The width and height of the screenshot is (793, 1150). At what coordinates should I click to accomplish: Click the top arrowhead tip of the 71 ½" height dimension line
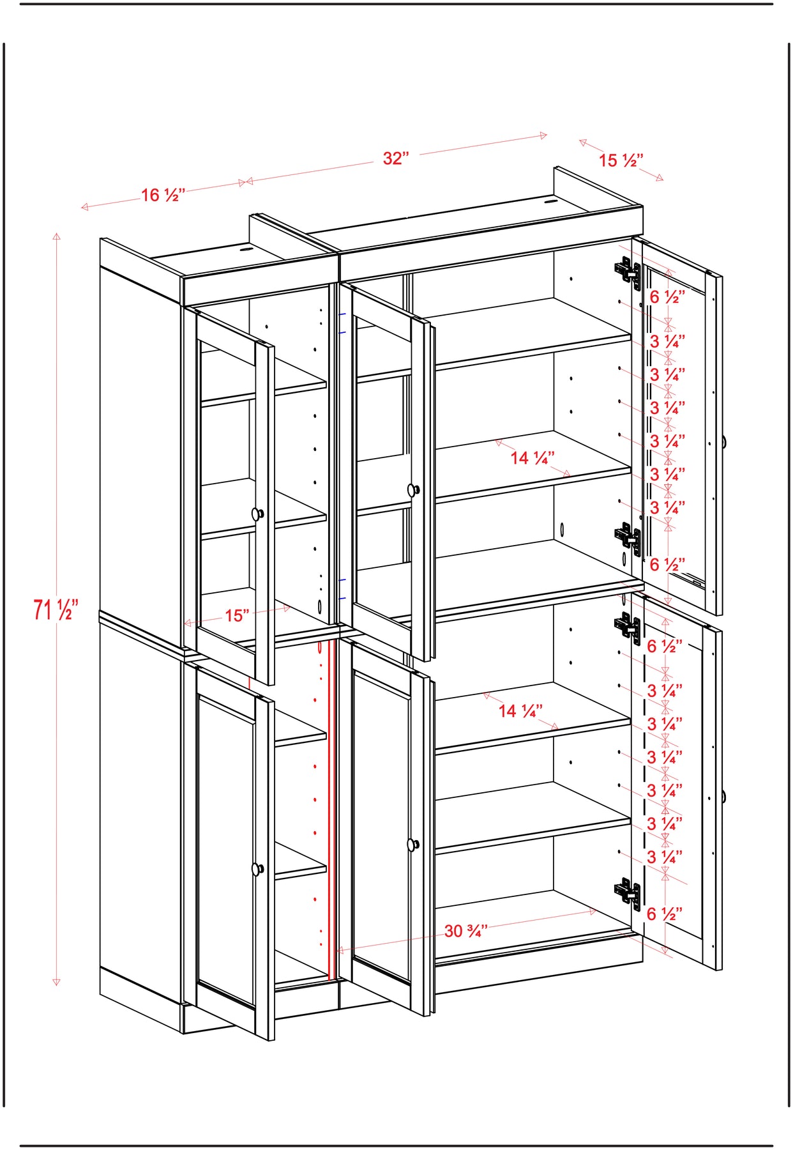(x=57, y=233)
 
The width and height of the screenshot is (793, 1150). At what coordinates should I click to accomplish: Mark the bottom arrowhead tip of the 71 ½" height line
(x=56, y=986)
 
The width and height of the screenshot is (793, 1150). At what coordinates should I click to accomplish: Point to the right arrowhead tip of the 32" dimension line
(x=547, y=135)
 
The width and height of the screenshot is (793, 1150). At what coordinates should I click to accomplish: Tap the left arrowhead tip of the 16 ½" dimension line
(x=81, y=207)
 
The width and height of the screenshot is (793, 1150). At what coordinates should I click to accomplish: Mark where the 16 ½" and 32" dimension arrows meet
(x=246, y=182)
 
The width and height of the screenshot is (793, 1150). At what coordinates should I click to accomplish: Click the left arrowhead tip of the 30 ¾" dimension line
(x=336, y=951)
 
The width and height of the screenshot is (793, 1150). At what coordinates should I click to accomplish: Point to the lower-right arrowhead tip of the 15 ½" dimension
(x=663, y=181)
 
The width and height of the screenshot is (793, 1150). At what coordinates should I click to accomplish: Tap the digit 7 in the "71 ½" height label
(x=39, y=609)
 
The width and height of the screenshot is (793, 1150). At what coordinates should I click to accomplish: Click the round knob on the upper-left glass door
(x=257, y=514)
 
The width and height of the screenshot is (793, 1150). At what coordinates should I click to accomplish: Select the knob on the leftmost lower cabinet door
(x=257, y=869)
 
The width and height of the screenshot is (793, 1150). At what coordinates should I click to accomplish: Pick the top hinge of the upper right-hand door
(x=628, y=272)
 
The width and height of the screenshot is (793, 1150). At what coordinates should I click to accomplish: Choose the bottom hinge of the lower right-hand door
(x=628, y=893)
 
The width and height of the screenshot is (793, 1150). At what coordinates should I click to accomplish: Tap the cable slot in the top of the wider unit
(x=550, y=203)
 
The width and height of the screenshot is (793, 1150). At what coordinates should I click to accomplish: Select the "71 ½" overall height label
(x=56, y=609)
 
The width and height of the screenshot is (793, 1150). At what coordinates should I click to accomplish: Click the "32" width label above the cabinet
(x=396, y=158)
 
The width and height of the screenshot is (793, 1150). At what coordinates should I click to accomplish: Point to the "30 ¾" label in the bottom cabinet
(x=465, y=931)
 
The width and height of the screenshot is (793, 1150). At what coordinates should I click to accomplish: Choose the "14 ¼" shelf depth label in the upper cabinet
(x=532, y=457)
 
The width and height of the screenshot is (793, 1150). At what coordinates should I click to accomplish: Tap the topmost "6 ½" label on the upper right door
(x=667, y=296)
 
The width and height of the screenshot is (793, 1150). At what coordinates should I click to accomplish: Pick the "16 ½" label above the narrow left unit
(x=163, y=195)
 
